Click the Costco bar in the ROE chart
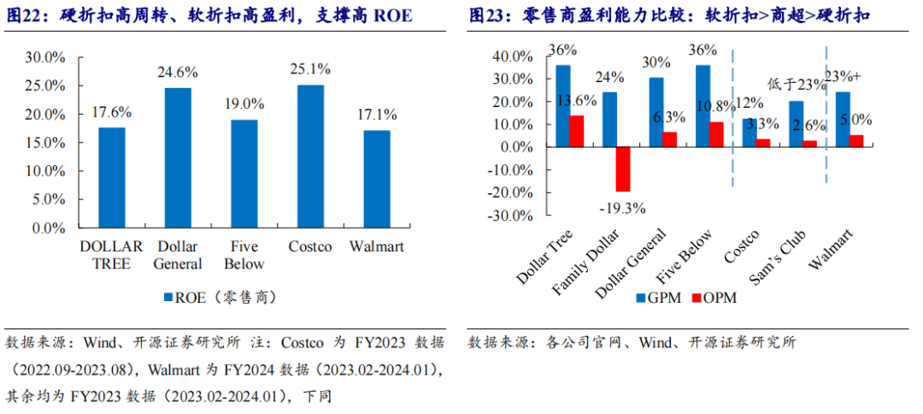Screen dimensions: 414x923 (x=310, y=157)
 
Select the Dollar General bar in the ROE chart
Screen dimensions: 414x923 (x=178, y=158)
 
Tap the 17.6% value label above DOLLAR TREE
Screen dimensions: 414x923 (x=111, y=112)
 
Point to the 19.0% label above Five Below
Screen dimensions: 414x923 (x=244, y=103)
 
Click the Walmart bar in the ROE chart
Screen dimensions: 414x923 (x=377, y=180)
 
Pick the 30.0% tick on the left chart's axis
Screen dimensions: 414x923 (x=45, y=57)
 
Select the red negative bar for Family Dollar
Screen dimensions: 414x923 (x=623, y=169)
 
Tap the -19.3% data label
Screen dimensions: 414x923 (x=621, y=207)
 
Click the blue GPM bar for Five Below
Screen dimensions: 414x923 (x=703, y=106)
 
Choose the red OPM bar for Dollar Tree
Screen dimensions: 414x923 (x=578, y=131)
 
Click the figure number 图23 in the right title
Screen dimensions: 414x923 (x=488, y=16)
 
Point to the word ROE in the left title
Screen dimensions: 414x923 (x=392, y=16)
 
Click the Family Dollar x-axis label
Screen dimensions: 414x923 (x=589, y=262)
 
